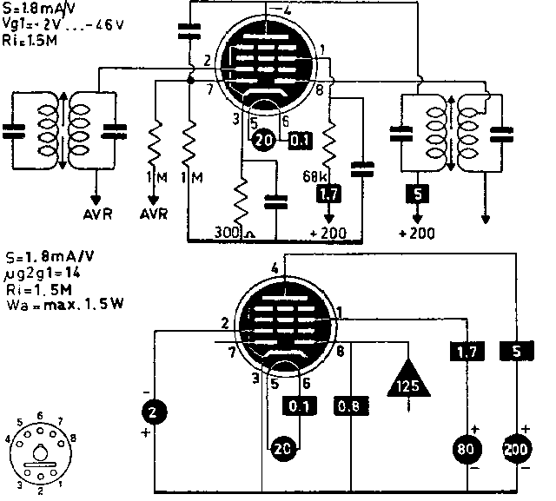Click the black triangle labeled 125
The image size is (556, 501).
pos(408,379)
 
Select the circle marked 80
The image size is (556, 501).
pos(465,451)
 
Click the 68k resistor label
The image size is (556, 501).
pos(314,176)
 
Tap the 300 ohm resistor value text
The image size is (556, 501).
pos(232,233)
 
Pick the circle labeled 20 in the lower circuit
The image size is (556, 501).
pos(282,448)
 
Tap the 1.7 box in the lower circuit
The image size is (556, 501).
pos(462,351)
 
